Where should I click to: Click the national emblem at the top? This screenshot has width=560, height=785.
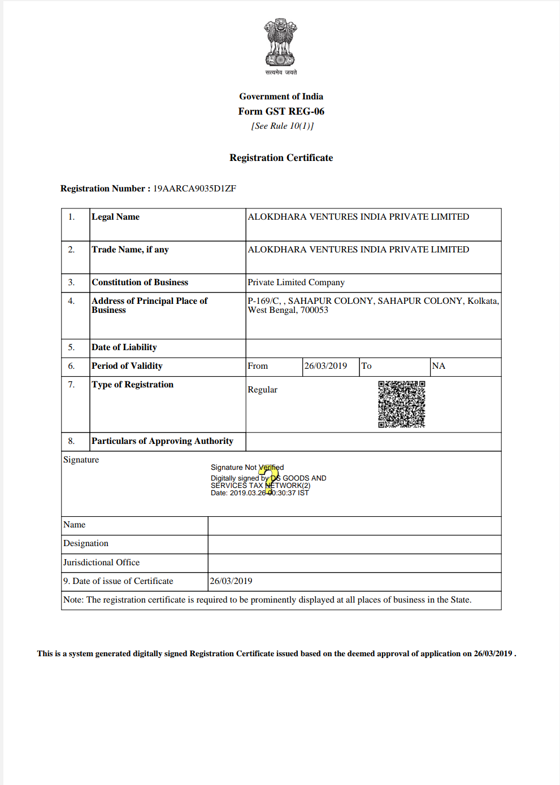[281, 43]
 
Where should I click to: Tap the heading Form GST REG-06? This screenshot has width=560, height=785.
[281, 111]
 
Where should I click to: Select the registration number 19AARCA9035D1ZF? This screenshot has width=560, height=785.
[194, 189]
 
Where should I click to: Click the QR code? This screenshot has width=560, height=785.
[401, 404]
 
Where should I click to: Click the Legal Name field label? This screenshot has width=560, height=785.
[115, 217]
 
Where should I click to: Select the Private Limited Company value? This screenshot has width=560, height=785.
[296, 282]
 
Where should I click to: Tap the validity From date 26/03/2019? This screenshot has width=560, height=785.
[325, 366]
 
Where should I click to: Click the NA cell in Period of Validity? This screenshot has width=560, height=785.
[439, 366]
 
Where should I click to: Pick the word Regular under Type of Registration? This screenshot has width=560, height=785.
[262, 390]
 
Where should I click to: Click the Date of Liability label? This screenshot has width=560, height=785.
[124, 347]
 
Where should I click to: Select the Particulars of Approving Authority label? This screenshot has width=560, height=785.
[162, 441]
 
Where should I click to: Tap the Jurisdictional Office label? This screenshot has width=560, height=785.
[101, 562]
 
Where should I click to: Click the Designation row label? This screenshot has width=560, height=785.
[85, 543]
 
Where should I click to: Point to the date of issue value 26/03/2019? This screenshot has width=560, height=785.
[231, 581]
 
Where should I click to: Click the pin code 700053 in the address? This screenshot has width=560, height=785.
[314, 310]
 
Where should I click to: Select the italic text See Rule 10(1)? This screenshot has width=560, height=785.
[282, 126]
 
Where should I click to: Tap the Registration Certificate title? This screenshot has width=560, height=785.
[281, 158]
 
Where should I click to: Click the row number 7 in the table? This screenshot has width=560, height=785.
[71, 385]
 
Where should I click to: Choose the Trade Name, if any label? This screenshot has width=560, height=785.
[130, 250]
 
